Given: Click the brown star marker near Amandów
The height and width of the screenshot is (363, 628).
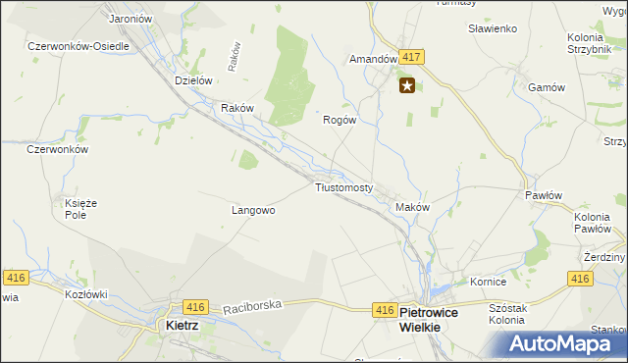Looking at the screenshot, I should [407, 86].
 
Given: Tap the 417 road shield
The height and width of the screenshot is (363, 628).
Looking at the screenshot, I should [411, 58].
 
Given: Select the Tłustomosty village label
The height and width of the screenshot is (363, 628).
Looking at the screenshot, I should [343, 186].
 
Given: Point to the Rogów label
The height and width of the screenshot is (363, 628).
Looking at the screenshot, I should [339, 120].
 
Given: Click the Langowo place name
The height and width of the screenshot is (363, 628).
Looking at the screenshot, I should [252, 210].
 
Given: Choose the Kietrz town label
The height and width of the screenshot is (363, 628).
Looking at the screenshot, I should [183, 325].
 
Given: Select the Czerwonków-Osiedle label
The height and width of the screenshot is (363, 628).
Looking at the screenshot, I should [78, 46].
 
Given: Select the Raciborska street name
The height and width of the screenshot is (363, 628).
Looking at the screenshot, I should [252, 306].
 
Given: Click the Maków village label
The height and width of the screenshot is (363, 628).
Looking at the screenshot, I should [412, 207].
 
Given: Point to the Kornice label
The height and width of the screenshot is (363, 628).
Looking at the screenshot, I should [487, 282].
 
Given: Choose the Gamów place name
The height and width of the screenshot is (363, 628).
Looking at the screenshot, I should [547, 86].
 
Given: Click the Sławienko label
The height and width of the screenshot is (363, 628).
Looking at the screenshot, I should [493, 28].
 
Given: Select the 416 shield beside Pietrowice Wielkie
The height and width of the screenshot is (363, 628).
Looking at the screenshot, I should [385, 310].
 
